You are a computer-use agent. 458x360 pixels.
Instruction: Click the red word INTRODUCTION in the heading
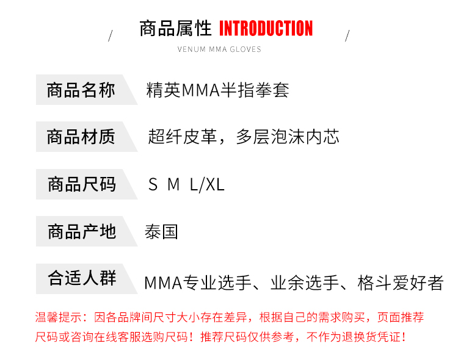[x=266, y=29]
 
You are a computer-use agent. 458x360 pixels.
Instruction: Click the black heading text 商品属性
[x=175, y=29]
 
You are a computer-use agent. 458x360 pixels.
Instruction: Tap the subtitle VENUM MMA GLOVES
[x=219, y=49]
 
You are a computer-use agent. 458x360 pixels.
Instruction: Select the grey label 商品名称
[x=81, y=90]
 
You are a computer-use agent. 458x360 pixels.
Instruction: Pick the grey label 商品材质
[x=81, y=137]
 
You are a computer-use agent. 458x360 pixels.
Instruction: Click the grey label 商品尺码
[x=81, y=184]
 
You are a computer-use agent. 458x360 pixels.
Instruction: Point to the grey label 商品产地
[x=81, y=232]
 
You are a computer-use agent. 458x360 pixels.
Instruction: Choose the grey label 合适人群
[x=81, y=279]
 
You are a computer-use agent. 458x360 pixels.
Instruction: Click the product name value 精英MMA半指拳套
[x=217, y=90]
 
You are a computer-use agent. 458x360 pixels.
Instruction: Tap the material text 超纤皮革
[x=183, y=137]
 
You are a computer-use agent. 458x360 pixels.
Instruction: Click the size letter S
[x=153, y=184]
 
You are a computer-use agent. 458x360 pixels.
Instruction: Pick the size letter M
[x=173, y=184]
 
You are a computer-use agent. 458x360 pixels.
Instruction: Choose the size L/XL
[x=207, y=184]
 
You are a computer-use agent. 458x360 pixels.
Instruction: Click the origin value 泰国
[x=161, y=232]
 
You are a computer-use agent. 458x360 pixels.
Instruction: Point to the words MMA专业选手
[x=189, y=283]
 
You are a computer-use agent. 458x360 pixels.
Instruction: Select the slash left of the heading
[x=111, y=35]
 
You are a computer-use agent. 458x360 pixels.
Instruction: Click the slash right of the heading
[x=347, y=35]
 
